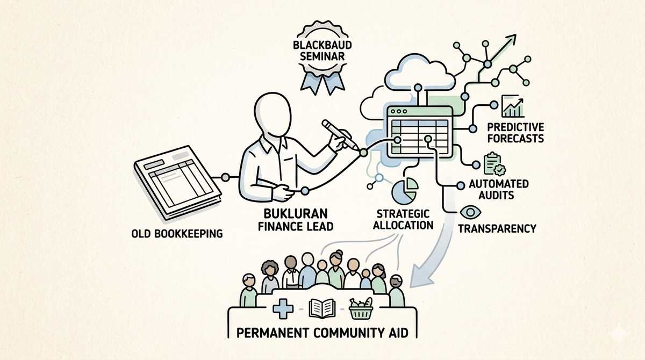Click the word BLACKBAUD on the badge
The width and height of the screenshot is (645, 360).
(x=322, y=45)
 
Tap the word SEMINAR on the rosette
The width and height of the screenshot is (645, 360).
(x=322, y=56)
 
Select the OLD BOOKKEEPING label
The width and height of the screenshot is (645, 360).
(x=177, y=233)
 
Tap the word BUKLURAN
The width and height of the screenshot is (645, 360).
(x=296, y=214)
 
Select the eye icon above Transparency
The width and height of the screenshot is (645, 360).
(x=470, y=213)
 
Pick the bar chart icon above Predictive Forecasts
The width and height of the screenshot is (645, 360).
(x=513, y=106)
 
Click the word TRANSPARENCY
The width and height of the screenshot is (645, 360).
(x=497, y=228)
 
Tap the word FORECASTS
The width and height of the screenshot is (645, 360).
(x=515, y=139)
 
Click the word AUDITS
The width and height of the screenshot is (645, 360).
(x=496, y=195)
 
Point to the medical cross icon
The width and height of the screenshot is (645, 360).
(x=283, y=309)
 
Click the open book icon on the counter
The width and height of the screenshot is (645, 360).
(x=322, y=309)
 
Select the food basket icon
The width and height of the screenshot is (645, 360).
(x=361, y=309)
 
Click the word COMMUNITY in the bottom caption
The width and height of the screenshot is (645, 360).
(x=347, y=333)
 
